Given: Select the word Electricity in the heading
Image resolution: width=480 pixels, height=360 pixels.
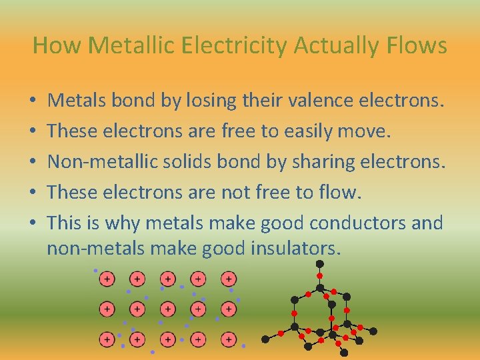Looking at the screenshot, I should (219, 45).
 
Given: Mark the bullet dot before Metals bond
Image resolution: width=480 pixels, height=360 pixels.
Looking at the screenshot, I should (33, 102).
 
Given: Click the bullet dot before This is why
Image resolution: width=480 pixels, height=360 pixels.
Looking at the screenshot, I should (33, 223).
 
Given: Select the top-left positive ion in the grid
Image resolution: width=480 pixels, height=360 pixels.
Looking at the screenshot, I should (107, 278).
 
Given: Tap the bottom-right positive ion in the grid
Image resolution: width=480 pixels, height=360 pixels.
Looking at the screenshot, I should (228, 339).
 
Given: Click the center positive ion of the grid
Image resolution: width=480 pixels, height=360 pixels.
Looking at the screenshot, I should (168, 309).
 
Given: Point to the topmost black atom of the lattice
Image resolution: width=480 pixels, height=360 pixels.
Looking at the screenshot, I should (319, 264).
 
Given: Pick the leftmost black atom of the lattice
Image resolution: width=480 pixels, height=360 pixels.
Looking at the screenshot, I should (265, 339).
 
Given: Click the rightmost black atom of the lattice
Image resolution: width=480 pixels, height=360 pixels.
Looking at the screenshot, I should (373, 331).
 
